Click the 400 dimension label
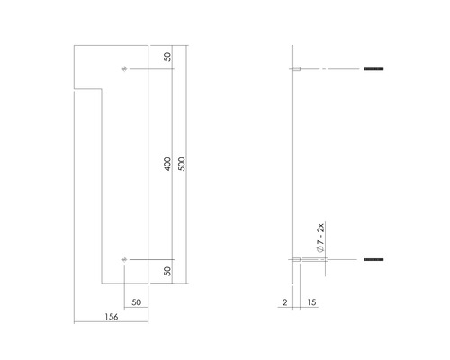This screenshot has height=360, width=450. point(168,165)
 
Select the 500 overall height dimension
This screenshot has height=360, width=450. point(182,165)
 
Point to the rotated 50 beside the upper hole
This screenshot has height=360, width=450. point(168,57)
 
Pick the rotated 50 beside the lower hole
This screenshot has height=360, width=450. point(168,271)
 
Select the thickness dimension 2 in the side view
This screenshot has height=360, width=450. point(285,303)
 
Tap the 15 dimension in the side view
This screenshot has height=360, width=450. point(310,303)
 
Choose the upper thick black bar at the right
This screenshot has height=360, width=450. point(373,69)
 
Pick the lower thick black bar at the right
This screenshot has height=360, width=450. point(373,260)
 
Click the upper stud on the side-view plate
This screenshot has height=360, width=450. point(297,69)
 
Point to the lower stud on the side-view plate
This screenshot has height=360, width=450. point(297,260)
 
